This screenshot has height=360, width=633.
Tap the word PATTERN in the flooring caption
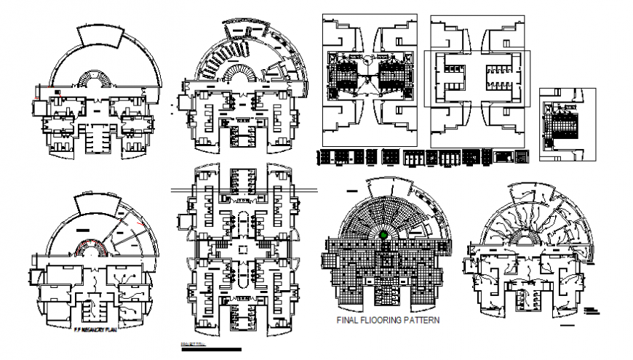[x=419, y=319]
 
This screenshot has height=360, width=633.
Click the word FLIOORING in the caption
[x=381, y=319]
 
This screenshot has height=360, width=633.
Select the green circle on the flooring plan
[x=383, y=235]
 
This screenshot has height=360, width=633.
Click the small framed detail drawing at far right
[x=567, y=124]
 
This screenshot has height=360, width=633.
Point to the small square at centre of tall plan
[x=243, y=248]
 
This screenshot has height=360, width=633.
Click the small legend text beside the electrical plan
[x=592, y=311]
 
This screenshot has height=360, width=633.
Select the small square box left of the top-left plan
[x=38, y=109]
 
